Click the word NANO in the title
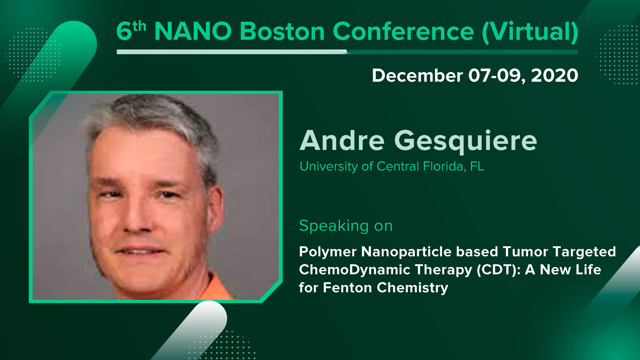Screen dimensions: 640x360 pyautogui.click(x=193, y=31)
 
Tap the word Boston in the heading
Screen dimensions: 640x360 pyautogui.click(x=282, y=31)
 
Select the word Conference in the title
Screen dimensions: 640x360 pyautogui.click(x=404, y=31)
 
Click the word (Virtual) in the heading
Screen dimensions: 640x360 pyautogui.click(x=530, y=32)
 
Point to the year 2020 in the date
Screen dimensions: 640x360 pyautogui.click(x=554, y=76)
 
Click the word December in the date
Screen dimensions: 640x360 pyautogui.click(x=418, y=76)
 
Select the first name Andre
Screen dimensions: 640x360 pyautogui.click(x=342, y=140)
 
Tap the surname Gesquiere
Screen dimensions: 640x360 pyautogui.click(x=466, y=142)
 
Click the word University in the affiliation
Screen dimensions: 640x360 pyautogui.click(x=329, y=166)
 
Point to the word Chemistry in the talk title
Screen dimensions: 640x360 pyautogui.click(x=412, y=288)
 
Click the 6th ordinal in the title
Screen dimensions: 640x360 pyautogui.click(x=131, y=31)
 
